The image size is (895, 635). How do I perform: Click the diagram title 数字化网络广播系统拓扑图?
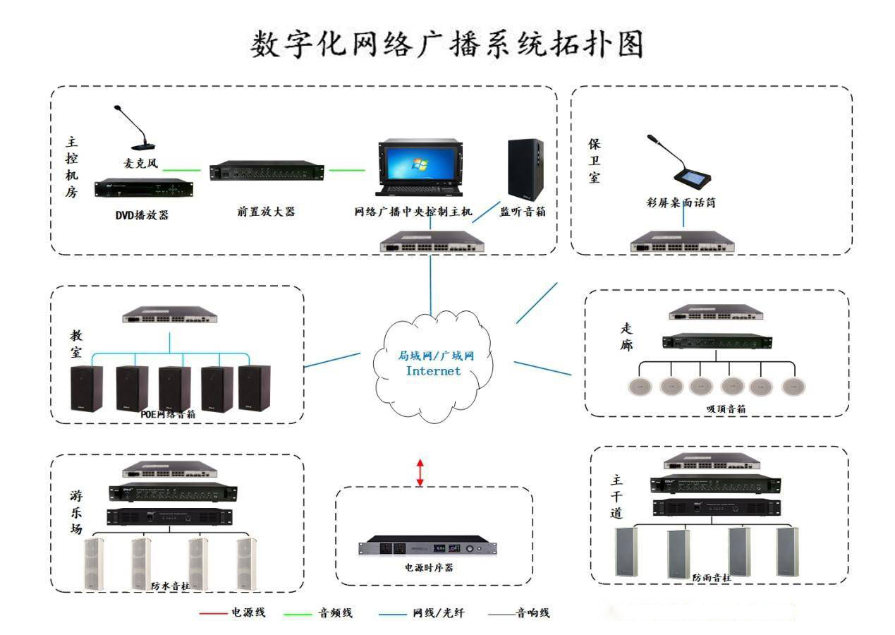[447, 44]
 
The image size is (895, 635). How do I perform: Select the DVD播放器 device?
[143, 189]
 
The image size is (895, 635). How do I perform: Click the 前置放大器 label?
[266, 211]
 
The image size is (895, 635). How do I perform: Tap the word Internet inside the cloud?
[433, 370]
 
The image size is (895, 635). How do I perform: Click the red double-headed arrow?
[420, 472]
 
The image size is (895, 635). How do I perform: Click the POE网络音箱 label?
[168, 415]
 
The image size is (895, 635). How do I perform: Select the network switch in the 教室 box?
[169, 315]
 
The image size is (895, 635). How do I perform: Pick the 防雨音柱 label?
[711, 577]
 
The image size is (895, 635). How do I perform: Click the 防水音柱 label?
[170, 585]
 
